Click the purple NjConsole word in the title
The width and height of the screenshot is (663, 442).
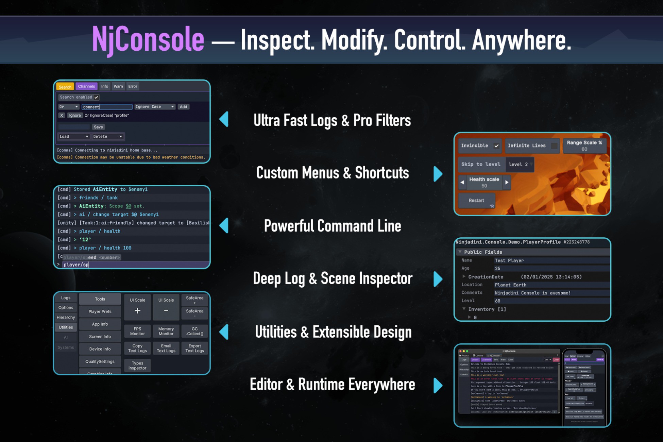point(148,40)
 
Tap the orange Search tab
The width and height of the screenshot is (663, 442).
point(65,87)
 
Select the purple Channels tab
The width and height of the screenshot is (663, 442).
point(86,86)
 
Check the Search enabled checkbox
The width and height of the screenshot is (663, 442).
point(97,97)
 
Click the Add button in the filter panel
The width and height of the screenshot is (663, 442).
point(183,107)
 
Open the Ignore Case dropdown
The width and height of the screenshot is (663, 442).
point(155,107)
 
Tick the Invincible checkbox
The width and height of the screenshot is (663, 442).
point(496,146)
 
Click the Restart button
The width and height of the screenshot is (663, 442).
point(476,201)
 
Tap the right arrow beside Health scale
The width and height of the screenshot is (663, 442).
point(507,182)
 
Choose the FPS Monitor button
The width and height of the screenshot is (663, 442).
point(137,331)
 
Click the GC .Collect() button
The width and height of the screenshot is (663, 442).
point(194,331)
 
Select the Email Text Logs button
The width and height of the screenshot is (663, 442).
point(166,348)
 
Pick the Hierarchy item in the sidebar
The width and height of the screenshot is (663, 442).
point(66,317)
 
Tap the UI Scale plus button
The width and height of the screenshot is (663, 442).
point(137,310)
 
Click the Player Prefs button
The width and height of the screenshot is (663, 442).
point(100,311)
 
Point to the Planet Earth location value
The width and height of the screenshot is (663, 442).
point(510,285)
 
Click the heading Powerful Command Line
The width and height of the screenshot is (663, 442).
point(332,226)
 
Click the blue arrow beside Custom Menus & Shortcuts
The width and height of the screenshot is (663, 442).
point(438,174)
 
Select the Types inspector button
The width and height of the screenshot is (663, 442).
point(137,365)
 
